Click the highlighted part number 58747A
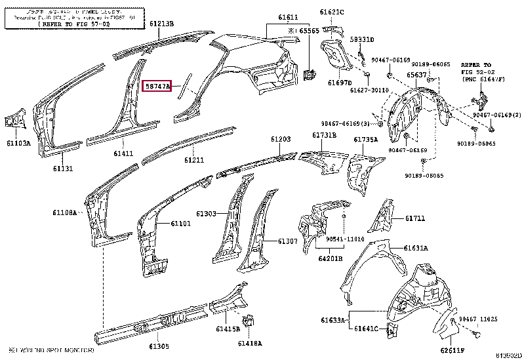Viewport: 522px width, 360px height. (x=157, y=86)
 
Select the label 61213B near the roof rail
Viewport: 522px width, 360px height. (x=161, y=24)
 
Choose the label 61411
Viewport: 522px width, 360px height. (x=123, y=153)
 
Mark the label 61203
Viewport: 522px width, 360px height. (x=281, y=140)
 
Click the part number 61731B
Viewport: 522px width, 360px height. (x=323, y=134)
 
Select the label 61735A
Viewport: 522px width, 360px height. (x=366, y=139)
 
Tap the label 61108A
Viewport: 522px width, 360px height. (x=65, y=212)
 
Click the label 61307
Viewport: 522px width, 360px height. (x=287, y=241)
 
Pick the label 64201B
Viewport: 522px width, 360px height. (x=331, y=258)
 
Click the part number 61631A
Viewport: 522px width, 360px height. (x=416, y=249)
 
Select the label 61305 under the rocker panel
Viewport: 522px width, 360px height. (x=158, y=346)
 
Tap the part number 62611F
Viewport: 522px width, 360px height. (x=452, y=350)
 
